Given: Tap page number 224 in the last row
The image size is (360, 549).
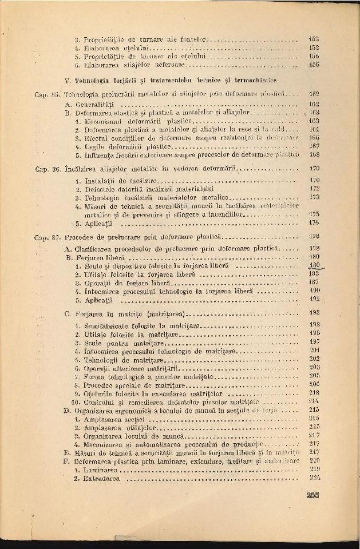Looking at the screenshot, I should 313,478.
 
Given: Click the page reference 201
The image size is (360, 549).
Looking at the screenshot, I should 313,350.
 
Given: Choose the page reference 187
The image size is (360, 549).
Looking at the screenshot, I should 313,283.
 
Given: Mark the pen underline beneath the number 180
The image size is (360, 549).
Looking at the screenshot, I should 317,269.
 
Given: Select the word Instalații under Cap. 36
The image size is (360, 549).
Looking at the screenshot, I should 100,180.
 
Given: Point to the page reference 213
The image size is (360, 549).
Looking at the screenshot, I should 313,393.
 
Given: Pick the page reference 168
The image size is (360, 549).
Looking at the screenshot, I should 313,154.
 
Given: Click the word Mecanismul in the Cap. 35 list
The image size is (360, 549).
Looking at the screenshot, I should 104,121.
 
